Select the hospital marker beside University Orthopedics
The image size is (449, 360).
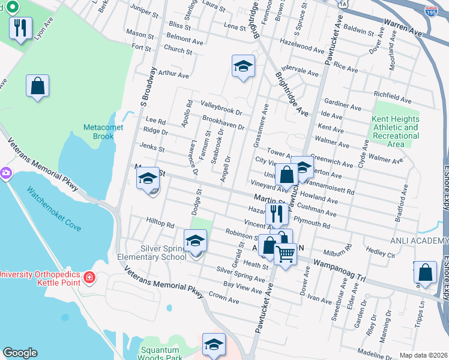point(89,277)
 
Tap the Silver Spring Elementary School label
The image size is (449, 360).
point(155,253)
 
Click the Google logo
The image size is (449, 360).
point(20,353)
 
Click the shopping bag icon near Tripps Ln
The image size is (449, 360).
point(425,272)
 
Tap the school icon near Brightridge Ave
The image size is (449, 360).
point(243,67)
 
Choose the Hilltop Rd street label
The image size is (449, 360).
point(160,224)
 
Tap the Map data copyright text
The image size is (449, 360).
point(423,355)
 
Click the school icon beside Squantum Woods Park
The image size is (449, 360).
point(214,345)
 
